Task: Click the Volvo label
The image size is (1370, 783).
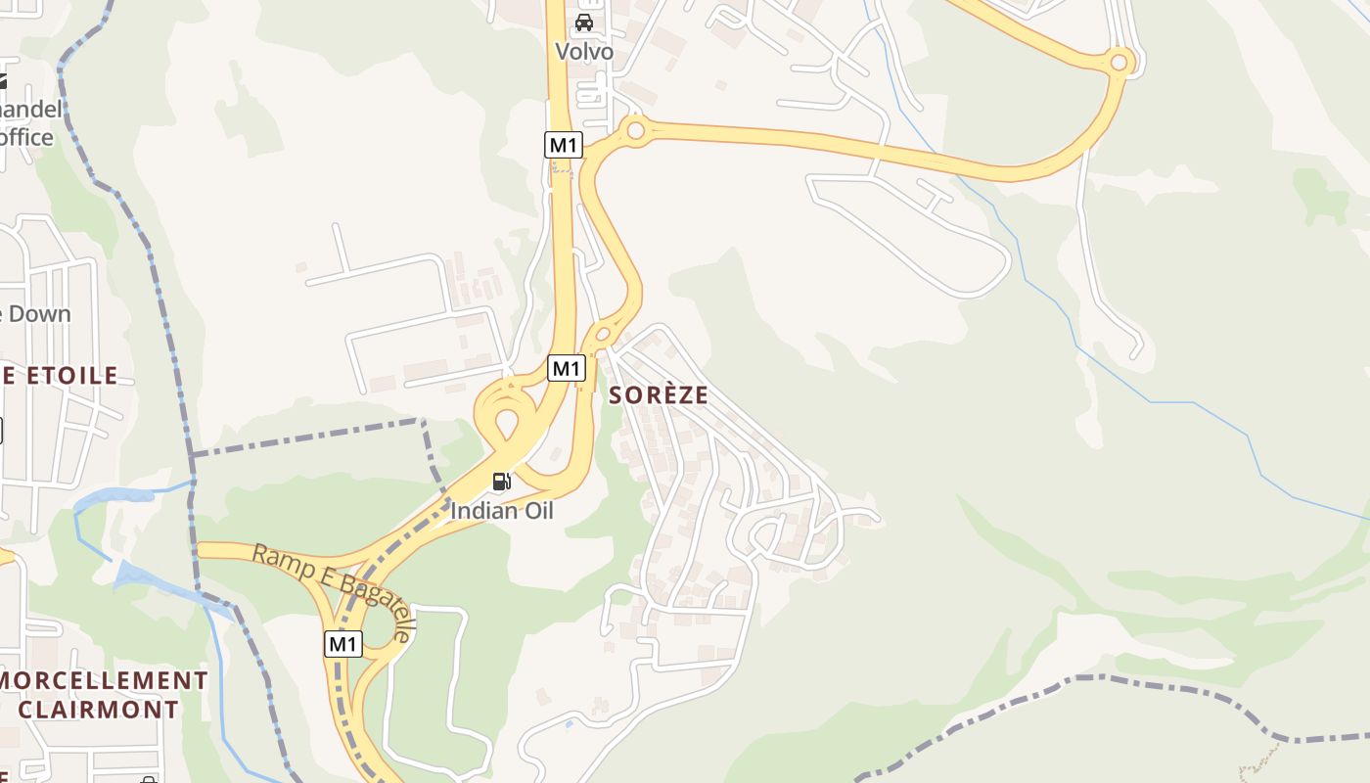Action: pyautogui.click(x=584, y=51)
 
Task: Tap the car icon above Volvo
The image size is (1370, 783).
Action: pyautogui.click(x=584, y=23)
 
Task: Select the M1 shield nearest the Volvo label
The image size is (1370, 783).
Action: pyautogui.click(x=563, y=145)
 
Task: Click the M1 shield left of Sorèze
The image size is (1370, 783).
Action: pyautogui.click(x=566, y=368)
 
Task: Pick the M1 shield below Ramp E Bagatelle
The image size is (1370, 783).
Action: pyautogui.click(x=342, y=644)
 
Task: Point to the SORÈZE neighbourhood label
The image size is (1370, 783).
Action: pyautogui.click(x=658, y=395)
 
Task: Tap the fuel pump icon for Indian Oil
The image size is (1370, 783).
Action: pyautogui.click(x=502, y=482)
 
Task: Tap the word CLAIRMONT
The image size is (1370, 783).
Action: pyautogui.click(x=98, y=709)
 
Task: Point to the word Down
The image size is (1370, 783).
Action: pyautogui.click(x=40, y=314)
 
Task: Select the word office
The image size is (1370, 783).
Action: pyautogui.click(x=26, y=137)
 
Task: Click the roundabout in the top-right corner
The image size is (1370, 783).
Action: pyautogui.click(x=1119, y=63)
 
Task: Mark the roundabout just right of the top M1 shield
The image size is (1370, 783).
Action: pyautogui.click(x=636, y=129)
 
